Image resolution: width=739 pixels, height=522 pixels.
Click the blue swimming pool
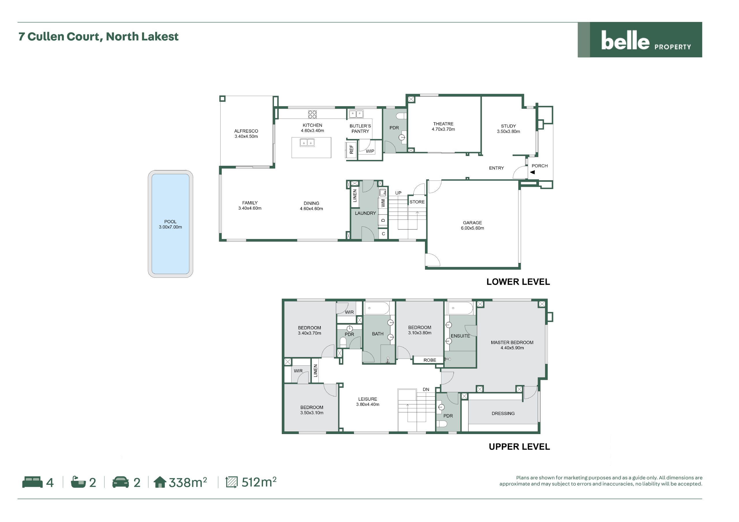[170, 224]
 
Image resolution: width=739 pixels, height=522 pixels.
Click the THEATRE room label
[443, 124]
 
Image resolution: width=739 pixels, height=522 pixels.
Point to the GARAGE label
[472, 223]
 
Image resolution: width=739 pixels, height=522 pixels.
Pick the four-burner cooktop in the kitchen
[312, 114]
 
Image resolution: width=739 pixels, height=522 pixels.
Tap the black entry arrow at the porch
[532, 172]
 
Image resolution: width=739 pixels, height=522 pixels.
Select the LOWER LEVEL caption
[518, 282]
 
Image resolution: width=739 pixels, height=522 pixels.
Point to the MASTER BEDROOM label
[512, 343]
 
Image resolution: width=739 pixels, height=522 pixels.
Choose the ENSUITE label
[460, 336]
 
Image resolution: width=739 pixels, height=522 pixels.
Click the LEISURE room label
[367, 399]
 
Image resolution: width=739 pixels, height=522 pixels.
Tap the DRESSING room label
[503, 414]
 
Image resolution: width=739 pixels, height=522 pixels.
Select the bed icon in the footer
[32, 482]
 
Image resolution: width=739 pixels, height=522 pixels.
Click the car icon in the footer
[120, 482]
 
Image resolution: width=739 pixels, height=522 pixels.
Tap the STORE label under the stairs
[417, 202]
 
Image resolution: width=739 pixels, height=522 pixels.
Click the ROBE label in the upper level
[430, 360]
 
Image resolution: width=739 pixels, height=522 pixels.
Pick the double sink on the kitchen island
[307, 142]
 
